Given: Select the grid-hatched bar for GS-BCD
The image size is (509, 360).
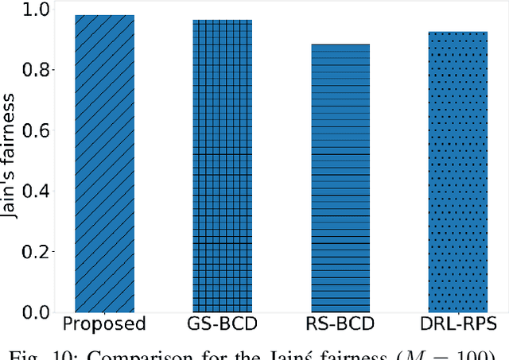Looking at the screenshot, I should coord(222,166).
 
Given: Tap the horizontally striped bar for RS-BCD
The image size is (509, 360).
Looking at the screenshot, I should coord(340,178).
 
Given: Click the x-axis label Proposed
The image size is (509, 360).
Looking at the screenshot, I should coord(104,324).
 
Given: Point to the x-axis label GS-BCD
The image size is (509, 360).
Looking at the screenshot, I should coord(222,324).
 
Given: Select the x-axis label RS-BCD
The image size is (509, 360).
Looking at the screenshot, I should coord(340,324).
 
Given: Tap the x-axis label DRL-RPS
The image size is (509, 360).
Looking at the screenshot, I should coord(457,324).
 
